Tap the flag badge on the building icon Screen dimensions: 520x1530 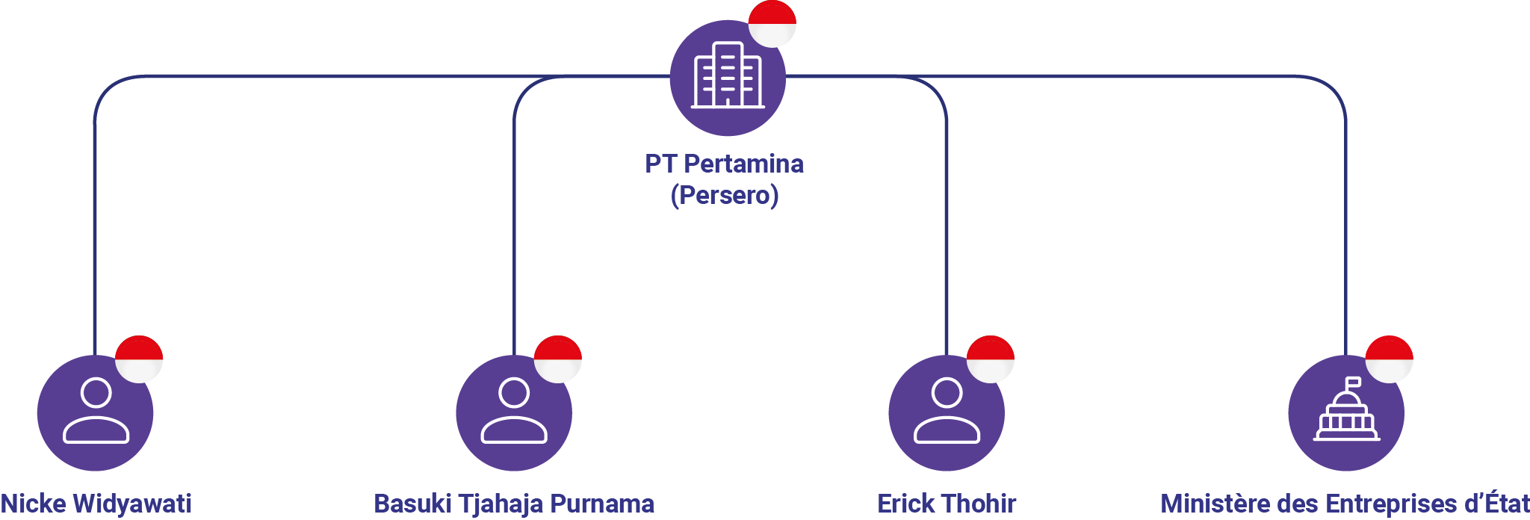[x=772, y=23]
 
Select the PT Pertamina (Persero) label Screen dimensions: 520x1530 [x=725, y=179]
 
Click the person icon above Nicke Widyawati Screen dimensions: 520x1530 [x=96, y=412]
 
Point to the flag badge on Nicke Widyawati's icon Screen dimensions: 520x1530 [x=139, y=359]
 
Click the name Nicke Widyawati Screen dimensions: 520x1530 [x=96, y=504]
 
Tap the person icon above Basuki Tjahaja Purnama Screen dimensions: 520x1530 [x=514, y=412]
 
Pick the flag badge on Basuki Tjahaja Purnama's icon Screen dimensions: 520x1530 [x=558, y=359]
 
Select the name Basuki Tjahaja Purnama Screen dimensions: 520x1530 [x=514, y=504]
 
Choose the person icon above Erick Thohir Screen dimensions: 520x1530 [x=947, y=412]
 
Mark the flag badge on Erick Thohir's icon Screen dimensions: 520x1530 [x=991, y=359]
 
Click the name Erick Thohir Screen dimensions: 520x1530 [x=947, y=504]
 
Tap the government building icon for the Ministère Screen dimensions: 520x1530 [x=1346, y=412]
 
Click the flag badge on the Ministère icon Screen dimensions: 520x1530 [x=1389, y=359]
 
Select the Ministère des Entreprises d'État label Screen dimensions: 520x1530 [x=1345, y=504]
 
